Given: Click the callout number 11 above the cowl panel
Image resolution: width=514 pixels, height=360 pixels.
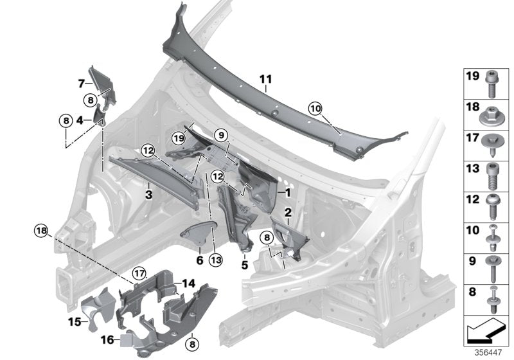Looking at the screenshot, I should click(266, 79).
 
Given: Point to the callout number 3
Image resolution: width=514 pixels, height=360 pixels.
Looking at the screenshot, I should click(148, 193).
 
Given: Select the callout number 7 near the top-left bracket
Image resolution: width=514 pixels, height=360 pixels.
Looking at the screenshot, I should click(82, 84).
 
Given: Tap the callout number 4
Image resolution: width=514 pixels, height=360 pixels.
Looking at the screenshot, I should click(79, 120).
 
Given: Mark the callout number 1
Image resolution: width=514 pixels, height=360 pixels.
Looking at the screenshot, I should click(288, 192).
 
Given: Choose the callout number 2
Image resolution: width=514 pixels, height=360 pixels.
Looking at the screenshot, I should click(288, 212).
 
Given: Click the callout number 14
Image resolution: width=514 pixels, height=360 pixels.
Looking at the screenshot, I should click(188, 282).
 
